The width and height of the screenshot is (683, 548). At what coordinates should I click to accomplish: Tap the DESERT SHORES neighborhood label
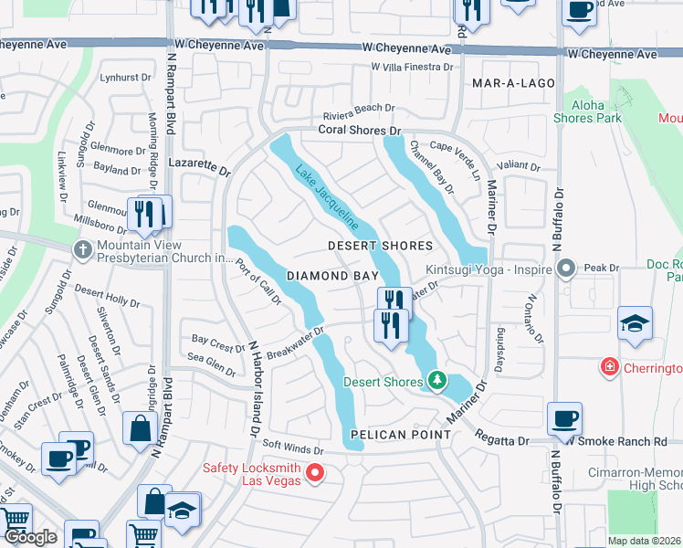pos(380,247)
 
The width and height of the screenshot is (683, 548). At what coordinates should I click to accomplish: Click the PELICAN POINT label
pos(393,435)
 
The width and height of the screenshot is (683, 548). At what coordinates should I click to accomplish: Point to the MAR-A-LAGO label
pos(514,83)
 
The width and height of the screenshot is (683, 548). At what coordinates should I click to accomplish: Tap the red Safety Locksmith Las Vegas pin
pos(315,472)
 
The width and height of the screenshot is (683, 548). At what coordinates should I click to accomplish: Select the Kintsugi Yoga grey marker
pos(566,269)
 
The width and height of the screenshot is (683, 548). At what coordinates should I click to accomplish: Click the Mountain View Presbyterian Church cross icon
pos(83,249)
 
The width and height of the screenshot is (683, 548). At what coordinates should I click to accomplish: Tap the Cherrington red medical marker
pos(609,367)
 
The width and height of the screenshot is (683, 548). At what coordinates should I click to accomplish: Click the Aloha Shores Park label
pos(588,111)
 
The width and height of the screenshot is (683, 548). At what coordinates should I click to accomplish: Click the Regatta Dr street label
pos(504,441)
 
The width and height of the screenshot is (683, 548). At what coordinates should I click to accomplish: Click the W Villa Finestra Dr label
pos(412,68)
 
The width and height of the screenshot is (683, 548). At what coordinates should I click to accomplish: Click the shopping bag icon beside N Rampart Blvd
pos(141,427)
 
